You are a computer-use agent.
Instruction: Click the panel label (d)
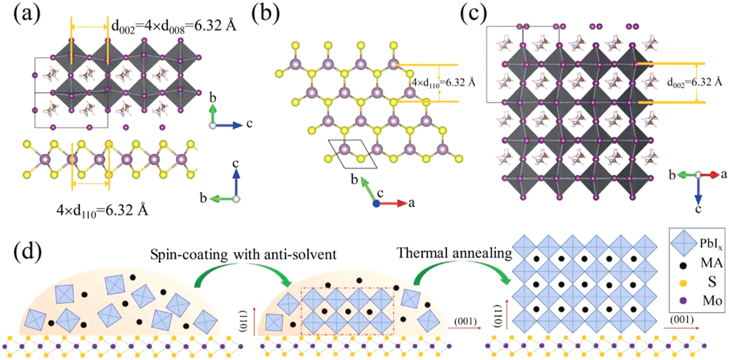pyautogui.click(x=27, y=252)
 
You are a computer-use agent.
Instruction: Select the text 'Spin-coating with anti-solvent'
pyautogui.click(x=243, y=255)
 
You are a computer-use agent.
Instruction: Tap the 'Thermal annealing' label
pyautogui.click(x=454, y=253)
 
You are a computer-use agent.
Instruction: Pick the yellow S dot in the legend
pyautogui.click(x=684, y=283)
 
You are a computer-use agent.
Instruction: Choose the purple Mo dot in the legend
pyautogui.click(x=684, y=301)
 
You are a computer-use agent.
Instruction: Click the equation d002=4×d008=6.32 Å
pyautogui.click(x=174, y=26)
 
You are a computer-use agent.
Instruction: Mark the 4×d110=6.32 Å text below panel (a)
pyautogui.click(x=102, y=210)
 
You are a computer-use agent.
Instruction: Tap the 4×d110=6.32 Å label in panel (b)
pyautogui.click(x=444, y=82)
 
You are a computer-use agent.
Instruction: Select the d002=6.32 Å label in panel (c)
pyautogui.click(x=694, y=82)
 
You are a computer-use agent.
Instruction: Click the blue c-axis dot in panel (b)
pyautogui.click(x=376, y=203)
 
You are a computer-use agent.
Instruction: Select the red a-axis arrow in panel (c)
pyautogui.click(x=711, y=175)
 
